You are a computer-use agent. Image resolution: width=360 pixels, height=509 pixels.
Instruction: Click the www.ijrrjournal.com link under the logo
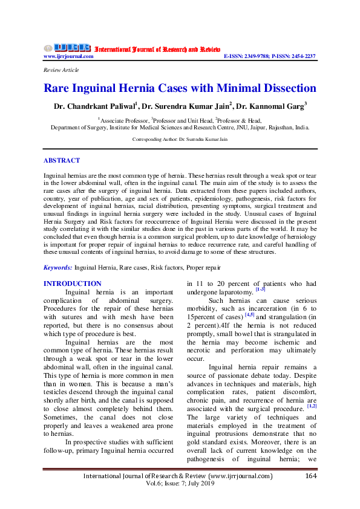pos(68,56)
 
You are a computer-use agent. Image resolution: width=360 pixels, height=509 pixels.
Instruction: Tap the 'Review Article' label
pos(61,70)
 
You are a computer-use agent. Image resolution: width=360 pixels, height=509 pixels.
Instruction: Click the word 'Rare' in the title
pos(59,88)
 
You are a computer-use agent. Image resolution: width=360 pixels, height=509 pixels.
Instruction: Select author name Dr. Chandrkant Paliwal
pos(97,107)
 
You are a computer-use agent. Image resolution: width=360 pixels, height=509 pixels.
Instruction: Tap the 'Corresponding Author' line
pos(180,140)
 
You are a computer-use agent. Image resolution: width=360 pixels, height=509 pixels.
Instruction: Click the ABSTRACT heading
pos(62,161)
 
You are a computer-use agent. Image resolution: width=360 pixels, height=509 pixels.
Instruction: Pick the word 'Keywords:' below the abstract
pos(58,267)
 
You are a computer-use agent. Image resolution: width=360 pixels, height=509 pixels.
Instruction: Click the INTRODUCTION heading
pos(73,284)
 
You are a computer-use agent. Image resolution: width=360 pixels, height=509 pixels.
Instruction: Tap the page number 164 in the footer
pos(310,476)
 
